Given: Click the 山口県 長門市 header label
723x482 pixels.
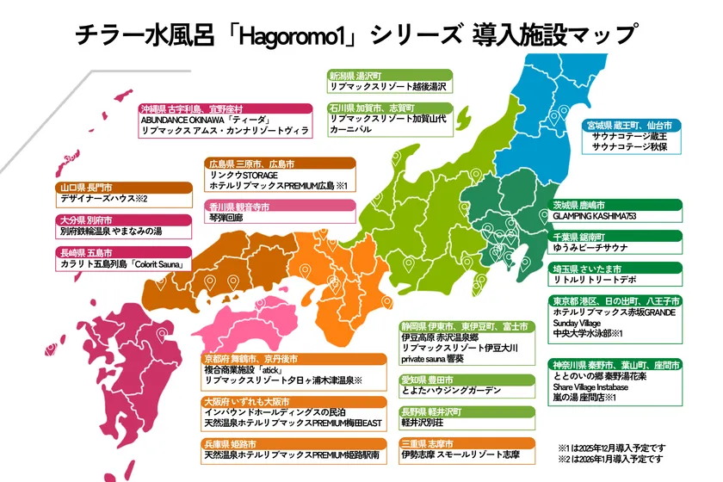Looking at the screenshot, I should tap(86, 187).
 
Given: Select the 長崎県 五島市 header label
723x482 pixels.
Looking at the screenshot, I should tap(86, 253).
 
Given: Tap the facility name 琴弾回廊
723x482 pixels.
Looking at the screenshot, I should tap(226, 219).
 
